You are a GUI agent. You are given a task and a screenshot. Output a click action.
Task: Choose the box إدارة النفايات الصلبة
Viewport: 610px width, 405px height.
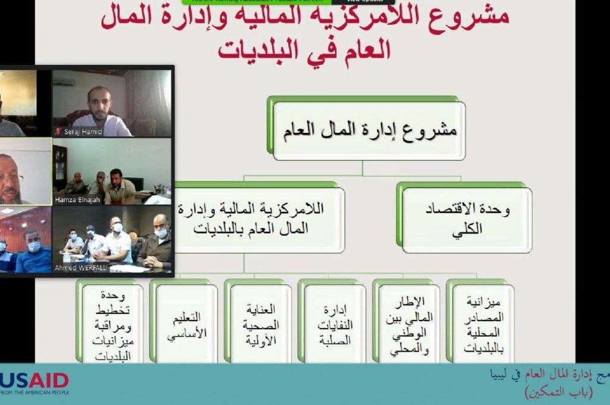point(335,325)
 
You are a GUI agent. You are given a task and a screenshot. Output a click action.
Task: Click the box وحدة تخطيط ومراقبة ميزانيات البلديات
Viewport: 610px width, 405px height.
point(113,325)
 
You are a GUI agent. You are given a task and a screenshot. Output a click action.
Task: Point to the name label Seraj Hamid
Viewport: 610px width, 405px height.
point(83,132)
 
